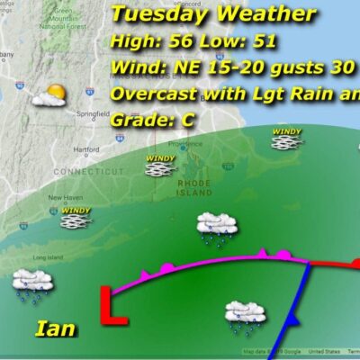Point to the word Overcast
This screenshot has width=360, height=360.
tap(153, 94)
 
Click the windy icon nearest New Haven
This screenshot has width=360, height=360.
tap(76, 216)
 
